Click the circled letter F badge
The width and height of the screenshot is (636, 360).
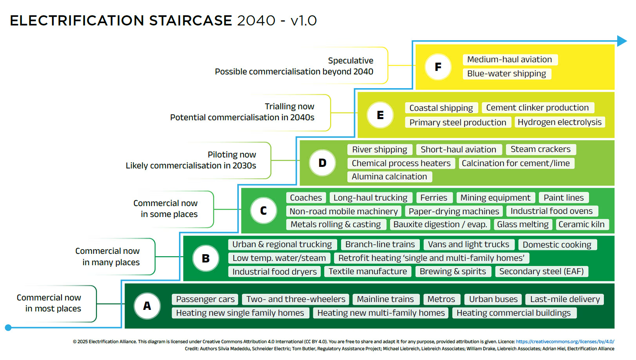[438, 67]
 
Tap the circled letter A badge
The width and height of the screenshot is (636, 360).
[147, 306]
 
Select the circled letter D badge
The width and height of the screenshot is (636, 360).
[322, 163]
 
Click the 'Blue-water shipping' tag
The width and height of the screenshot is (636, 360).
[507, 74]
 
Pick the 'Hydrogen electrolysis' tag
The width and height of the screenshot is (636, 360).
[560, 122]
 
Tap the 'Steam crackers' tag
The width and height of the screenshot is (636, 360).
[540, 149]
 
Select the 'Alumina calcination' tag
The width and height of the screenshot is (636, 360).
[390, 177]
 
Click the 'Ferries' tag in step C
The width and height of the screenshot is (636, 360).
[434, 197]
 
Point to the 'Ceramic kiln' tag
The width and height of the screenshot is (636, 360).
[582, 224]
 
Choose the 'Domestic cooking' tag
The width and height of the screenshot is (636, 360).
[557, 244]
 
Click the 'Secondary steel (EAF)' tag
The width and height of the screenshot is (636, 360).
[542, 271]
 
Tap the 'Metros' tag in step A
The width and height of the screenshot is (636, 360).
[441, 299]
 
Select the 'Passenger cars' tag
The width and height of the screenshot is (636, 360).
[205, 299]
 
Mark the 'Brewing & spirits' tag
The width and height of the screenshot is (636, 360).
[453, 271]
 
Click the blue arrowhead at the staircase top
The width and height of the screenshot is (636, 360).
[622, 41]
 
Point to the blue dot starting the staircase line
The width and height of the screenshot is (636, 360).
[8, 327]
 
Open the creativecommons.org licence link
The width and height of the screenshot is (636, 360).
[565, 342]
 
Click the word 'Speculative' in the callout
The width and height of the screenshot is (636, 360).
[351, 60]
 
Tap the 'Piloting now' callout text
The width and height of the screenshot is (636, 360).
[232, 155]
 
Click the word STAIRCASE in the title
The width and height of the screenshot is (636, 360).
[190, 20]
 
